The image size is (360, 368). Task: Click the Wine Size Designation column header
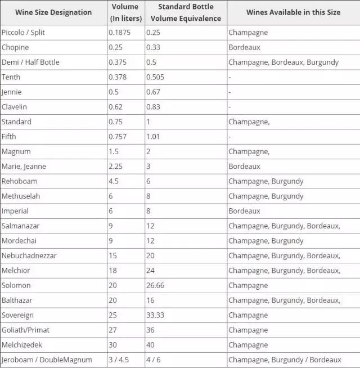point(54,12)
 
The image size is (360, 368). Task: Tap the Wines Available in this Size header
point(293,12)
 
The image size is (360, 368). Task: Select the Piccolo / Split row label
point(23,33)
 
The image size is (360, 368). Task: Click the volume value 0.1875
point(119,33)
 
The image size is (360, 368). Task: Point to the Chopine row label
point(15,47)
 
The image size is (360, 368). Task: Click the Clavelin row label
point(15,107)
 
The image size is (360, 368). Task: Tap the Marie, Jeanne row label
point(24,167)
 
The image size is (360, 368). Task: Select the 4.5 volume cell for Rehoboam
point(114,181)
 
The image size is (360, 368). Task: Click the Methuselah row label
point(21,196)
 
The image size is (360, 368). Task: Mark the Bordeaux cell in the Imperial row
point(244,211)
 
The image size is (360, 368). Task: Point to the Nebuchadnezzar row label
point(29,255)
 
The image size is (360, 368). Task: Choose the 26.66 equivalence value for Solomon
point(155,285)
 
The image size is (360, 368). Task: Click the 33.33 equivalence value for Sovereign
point(155,315)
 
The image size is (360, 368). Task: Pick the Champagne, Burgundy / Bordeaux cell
point(285,360)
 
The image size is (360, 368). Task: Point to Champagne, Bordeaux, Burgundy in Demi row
point(283,62)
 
